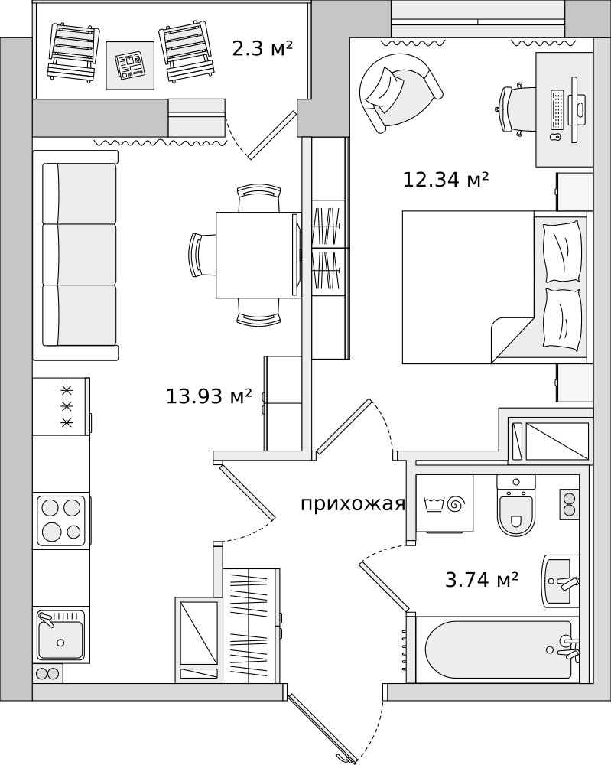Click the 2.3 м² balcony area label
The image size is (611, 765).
pos(262,49)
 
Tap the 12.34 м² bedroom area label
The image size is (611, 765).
pos(445,180)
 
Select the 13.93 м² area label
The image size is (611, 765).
pos(209,396)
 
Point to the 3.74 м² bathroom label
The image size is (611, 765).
pos(481,580)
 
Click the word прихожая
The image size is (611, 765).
pos(353,504)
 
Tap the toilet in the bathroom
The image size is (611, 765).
pos(516,505)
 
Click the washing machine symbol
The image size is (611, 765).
pos(445,503)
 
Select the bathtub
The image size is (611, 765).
pos(497,649)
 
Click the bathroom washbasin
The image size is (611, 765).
pos(561,581)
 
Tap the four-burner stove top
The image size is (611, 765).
pos(61,519)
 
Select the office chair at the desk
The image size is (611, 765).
pos(516,110)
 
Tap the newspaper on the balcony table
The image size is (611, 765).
pos(131,65)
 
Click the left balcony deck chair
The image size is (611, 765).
pos(71,52)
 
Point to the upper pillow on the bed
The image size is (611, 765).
pos(564,251)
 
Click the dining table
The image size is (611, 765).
pos(258,255)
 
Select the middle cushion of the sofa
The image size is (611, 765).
pos(80,254)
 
